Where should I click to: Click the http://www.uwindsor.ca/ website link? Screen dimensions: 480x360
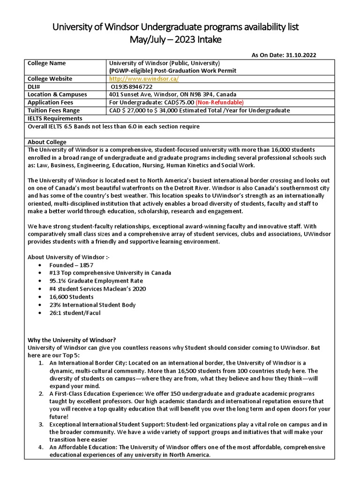tap(143, 79)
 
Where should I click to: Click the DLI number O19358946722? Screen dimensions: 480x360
tap(132, 87)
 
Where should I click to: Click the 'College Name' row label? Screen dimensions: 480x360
tap(47, 63)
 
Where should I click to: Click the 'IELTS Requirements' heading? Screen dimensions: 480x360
tap(55, 118)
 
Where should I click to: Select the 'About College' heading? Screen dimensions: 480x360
tap(47, 142)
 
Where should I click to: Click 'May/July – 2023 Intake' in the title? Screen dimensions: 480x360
tap(175, 40)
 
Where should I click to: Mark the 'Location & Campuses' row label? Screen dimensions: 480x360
tap(57, 94)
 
